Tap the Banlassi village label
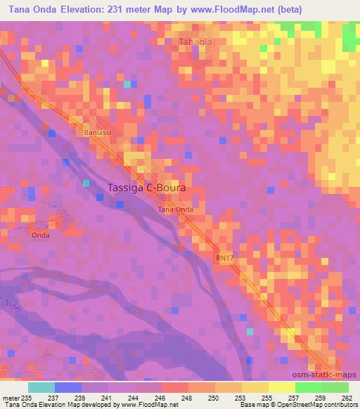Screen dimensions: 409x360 [96, 132]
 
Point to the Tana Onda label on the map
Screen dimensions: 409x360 [175, 209]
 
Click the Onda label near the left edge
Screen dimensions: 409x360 [40, 235]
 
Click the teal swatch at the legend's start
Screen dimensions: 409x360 [41, 387]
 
